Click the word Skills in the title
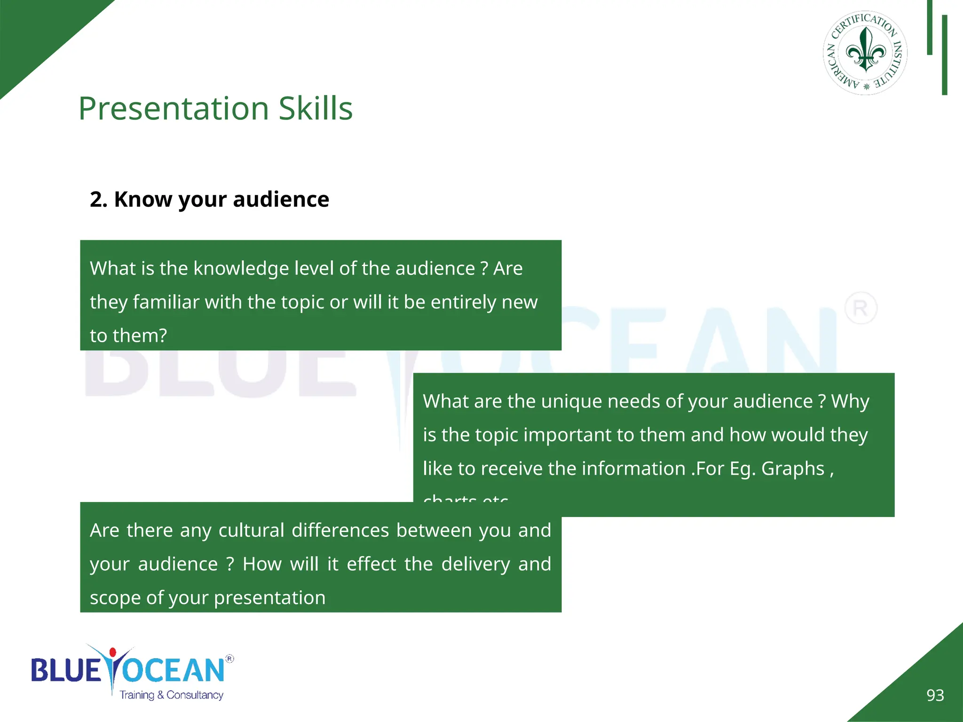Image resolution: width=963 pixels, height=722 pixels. point(315,109)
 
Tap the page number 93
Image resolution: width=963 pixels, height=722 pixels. point(935,695)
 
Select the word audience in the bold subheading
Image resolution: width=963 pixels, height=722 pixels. point(281,199)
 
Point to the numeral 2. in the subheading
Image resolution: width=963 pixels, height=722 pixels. point(98,199)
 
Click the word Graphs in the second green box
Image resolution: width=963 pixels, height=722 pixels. point(793,469)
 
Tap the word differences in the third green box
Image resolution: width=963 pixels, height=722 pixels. point(340,530)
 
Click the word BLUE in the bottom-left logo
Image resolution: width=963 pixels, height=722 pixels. point(66,670)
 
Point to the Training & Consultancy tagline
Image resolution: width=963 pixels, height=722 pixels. point(171,695)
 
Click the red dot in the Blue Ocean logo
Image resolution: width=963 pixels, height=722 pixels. point(112,652)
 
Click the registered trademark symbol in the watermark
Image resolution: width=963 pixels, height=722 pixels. point(860,308)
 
